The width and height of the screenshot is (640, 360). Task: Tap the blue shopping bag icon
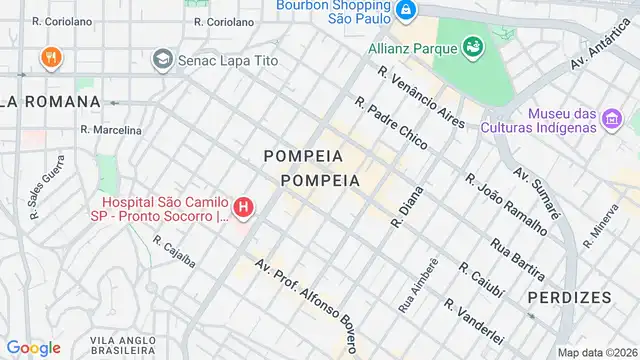point(405,11)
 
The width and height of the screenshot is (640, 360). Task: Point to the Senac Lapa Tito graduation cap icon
point(161,60)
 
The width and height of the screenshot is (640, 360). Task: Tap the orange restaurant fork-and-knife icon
point(49,58)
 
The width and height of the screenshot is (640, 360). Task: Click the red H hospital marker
point(242,208)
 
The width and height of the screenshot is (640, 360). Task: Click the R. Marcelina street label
point(110,130)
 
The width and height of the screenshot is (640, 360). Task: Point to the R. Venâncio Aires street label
point(421,98)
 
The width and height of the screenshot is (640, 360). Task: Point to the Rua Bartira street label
point(517,257)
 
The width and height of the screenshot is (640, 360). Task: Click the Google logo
point(33,347)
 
